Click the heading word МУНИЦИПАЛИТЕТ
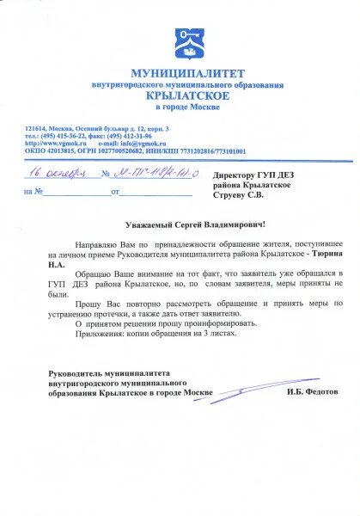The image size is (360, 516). tap(187, 73)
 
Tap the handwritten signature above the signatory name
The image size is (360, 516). tap(258, 392)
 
